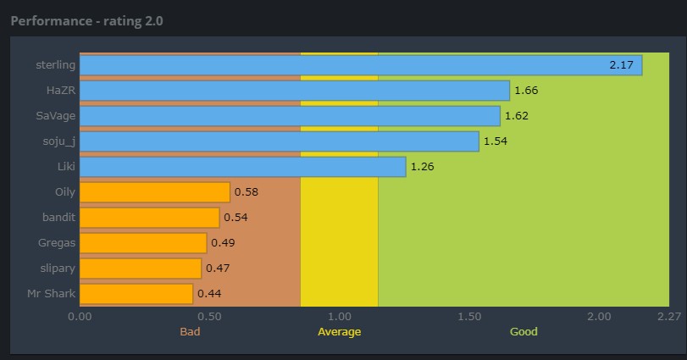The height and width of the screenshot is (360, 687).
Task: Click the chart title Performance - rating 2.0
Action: [x=86, y=19]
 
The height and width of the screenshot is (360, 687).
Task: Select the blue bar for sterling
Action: [x=360, y=65]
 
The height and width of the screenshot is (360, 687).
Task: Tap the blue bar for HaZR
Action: [x=294, y=91]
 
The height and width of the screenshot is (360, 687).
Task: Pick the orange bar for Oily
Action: [x=154, y=192]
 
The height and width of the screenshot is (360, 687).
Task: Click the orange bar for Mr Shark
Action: [x=136, y=294]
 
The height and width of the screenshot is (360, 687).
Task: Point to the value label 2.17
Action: [x=621, y=65]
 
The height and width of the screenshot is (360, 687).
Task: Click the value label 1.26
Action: [x=422, y=167]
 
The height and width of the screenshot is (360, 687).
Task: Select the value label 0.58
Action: [x=246, y=192]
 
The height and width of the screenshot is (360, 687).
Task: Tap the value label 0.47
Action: [x=217, y=269]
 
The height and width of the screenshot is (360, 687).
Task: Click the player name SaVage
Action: [x=56, y=116]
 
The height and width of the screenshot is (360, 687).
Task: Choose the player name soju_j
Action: [x=58, y=141]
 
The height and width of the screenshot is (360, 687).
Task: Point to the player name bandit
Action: [x=58, y=218]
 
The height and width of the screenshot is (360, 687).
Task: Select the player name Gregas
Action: [x=57, y=243]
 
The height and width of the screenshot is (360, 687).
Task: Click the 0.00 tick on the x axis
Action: [x=80, y=316]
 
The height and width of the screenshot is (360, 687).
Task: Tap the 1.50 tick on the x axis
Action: [x=468, y=316]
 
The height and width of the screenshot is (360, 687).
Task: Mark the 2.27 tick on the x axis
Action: [x=669, y=316]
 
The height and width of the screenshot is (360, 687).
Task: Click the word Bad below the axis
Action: [x=190, y=331]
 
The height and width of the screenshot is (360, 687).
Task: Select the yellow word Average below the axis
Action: [x=339, y=331]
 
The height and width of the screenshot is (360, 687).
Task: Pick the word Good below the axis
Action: [x=524, y=331]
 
